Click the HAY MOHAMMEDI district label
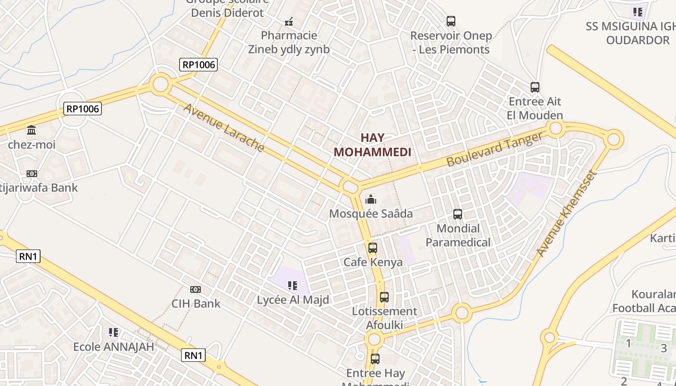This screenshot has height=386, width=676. coord(372,145)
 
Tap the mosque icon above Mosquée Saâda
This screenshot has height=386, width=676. coord(371,199)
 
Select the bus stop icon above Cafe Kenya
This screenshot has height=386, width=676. coord(373,248)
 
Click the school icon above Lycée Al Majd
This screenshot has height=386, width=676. coord(292,286)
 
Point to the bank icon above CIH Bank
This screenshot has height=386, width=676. coord(196,289)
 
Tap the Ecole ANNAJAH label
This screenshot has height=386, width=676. coord(113,346)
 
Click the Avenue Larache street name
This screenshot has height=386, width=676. coord(224,127)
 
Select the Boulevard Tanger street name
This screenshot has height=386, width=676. coord(494,150)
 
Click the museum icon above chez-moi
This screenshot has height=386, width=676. coord(32,130)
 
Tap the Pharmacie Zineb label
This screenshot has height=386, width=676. coord(289,42)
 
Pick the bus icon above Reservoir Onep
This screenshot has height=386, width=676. coord(451,21)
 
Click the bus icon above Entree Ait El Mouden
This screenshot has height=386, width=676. coord(535,87)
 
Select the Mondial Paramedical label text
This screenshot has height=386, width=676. coord(458,235)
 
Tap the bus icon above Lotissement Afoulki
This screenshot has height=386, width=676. coord(384,297)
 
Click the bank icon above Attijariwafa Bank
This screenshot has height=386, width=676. coord(32,174)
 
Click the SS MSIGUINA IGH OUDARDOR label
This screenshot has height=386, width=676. coord(631,33)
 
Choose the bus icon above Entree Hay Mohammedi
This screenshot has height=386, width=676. coord(375,359)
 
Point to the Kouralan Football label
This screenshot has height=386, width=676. coord(645,301)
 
